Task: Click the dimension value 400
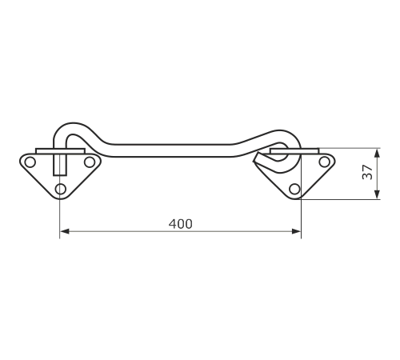tap(180, 224)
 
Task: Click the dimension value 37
tap(367, 172)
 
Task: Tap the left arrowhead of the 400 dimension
tap(65, 231)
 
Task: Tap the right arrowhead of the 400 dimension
tap(296, 231)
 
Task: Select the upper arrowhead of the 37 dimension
tap(377, 154)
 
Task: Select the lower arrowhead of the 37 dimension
tap(377, 194)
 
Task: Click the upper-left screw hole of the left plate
tap(30, 162)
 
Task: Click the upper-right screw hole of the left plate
tap(90, 162)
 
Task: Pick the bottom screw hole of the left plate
tap(61, 189)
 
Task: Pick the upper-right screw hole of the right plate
tap(324, 162)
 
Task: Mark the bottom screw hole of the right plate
tap(294, 189)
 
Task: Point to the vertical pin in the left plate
tap(60, 165)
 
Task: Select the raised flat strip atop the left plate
tap(60, 151)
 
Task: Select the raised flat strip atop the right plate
tap(294, 151)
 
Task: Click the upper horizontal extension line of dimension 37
tap(350, 148)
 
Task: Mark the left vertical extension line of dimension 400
tap(60, 218)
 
